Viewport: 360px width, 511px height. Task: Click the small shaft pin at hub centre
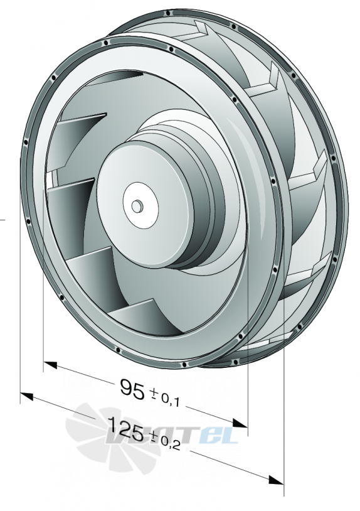(x=137, y=206)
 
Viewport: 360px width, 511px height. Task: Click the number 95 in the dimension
(x=132, y=389)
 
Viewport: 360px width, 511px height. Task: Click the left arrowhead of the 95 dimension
(x=50, y=364)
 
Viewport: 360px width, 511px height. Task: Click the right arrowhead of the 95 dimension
(x=241, y=423)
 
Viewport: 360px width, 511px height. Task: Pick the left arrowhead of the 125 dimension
(x=27, y=396)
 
